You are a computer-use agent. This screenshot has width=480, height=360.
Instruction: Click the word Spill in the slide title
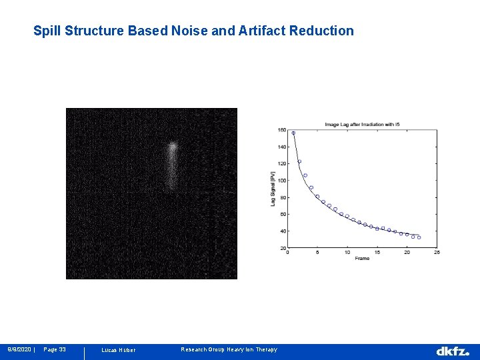click(x=46, y=31)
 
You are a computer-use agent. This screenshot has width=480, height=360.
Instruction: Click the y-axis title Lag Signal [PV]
click(x=273, y=189)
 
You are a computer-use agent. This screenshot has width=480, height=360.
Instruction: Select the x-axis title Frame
click(x=362, y=258)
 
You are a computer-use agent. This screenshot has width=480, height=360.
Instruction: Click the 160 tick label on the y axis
click(x=282, y=130)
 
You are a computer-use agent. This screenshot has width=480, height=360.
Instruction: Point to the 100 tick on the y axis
click(x=282, y=181)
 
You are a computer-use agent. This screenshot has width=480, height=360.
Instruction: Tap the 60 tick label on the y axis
click(x=283, y=215)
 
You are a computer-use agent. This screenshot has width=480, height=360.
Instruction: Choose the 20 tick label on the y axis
click(x=283, y=248)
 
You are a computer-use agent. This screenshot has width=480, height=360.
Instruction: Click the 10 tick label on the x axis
click(x=347, y=253)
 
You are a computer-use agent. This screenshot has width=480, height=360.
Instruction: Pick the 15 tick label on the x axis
click(x=377, y=253)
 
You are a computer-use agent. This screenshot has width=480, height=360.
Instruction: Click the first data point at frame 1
click(x=293, y=133)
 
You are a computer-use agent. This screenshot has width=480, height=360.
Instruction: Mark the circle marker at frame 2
click(x=299, y=161)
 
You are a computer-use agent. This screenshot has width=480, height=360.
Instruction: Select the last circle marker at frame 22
click(x=419, y=237)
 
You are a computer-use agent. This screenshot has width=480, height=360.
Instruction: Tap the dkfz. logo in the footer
click(x=453, y=351)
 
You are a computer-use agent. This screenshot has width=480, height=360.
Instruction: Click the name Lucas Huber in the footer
click(x=118, y=350)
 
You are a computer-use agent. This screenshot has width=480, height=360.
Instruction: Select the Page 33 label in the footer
click(x=55, y=349)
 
